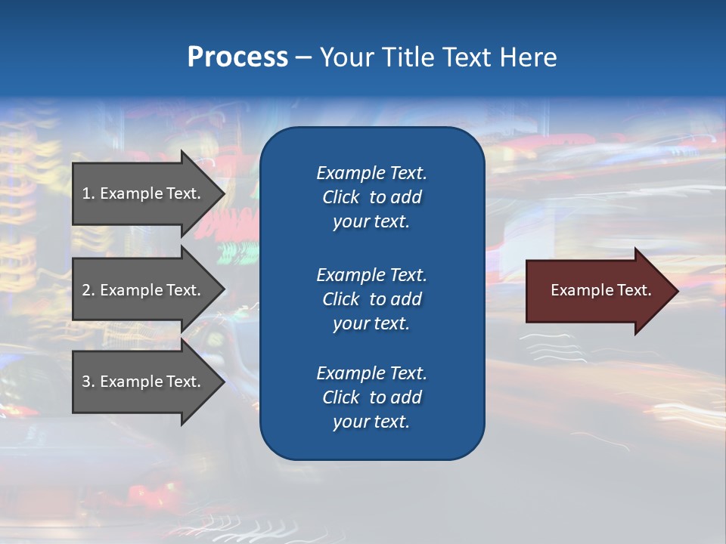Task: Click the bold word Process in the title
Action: pos(237,57)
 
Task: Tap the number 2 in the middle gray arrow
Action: pos(86,290)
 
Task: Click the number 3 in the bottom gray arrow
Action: pos(86,382)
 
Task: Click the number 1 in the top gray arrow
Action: pos(86,193)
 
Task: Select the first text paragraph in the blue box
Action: pos(371,197)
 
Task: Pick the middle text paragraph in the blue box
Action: pos(371,299)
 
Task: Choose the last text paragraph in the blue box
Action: pos(371,397)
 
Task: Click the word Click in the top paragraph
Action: pos(340,197)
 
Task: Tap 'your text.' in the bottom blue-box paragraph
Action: pos(371,422)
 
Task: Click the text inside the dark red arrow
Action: pos(600,290)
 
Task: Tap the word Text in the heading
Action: pos(467,57)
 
